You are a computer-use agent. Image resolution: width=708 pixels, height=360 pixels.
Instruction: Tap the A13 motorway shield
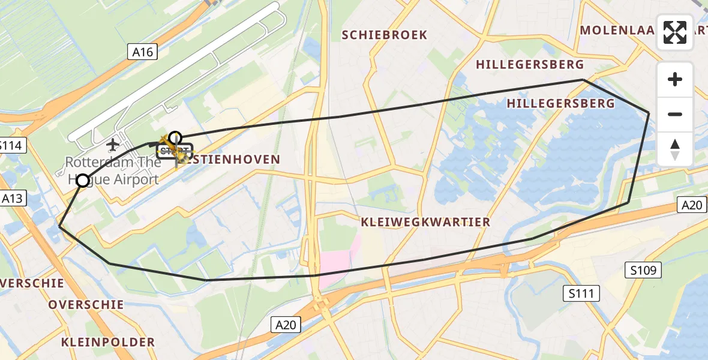[x=13, y=199]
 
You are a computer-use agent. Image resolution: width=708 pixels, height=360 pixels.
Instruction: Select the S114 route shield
[x=10, y=145]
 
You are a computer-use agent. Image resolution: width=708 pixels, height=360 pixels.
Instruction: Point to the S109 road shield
[x=646, y=271]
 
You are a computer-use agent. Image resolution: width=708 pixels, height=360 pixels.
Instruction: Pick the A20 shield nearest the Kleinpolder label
[x=286, y=325]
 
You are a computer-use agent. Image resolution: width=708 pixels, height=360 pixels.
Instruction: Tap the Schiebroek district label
[x=385, y=35]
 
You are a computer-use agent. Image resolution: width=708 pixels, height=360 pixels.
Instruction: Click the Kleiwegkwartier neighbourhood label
[x=425, y=222]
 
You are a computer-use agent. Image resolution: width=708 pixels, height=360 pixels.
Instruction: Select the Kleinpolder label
[x=108, y=343]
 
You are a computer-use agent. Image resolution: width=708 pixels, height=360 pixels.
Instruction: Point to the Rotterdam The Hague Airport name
[x=112, y=170]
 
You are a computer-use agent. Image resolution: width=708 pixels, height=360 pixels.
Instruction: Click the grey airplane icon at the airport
[x=112, y=145]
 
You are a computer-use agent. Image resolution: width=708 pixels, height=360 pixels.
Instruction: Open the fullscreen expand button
[x=675, y=32]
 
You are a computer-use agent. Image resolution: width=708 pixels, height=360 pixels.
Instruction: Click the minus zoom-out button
[x=675, y=114]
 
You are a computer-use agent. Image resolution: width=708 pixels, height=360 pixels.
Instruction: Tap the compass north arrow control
[x=675, y=149]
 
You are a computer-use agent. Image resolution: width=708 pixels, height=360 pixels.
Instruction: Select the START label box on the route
[x=174, y=150]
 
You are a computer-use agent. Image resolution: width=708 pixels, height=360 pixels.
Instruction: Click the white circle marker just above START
[x=175, y=137]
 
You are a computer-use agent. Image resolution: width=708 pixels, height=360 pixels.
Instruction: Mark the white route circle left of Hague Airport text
[x=83, y=180]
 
